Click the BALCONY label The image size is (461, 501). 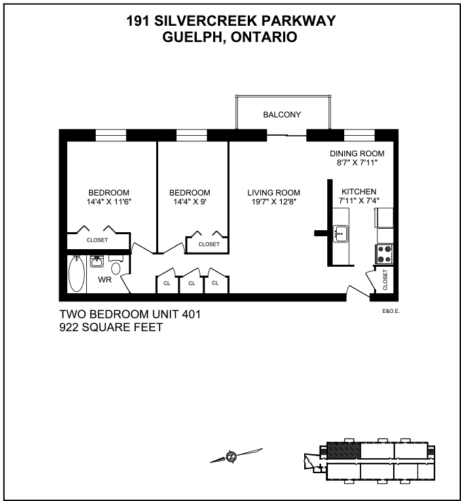tap(282, 114)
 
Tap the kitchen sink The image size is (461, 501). tap(340, 234)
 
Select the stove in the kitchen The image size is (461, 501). tap(384, 255)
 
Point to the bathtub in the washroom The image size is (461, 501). tap(77, 274)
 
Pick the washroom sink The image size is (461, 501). tap(96, 261)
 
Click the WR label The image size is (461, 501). tap(105, 280)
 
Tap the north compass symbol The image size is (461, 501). tap(232, 456)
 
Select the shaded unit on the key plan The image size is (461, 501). tap(344, 451)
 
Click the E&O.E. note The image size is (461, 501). tap(391, 311)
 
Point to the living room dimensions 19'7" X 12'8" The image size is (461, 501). tap(274, 202)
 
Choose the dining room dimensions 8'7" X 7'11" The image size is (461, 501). tap(357, 162)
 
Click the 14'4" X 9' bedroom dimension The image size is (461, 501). tap(190, 202)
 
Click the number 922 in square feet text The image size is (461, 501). tap(69, 327)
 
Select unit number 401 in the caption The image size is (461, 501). tap(191, 314)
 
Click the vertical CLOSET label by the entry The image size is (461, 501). tap(385, 280)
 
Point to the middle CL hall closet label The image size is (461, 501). tap(191, 283)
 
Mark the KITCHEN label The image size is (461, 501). tap(359, 191)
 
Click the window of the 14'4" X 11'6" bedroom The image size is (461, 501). tap(111, 135)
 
